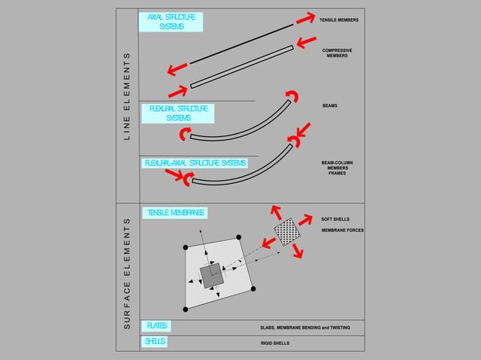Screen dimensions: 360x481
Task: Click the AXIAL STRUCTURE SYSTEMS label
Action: [171, 22]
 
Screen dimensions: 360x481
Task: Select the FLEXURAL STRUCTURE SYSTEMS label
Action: [179, 114]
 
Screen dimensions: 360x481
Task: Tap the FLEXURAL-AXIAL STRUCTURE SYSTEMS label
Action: [195, 163]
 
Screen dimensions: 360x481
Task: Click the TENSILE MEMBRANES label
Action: [174, 213]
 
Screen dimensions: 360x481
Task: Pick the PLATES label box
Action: [157, 326]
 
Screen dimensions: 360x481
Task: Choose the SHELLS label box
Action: [155, 341]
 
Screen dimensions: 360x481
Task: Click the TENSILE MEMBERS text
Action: [339, 20]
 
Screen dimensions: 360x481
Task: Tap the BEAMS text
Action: [329, 106]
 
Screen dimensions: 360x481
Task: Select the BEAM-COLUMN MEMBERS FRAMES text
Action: [337, 167]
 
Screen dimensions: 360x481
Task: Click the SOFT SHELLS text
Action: [335, 219]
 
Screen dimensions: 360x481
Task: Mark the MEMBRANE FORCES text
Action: [342, 230]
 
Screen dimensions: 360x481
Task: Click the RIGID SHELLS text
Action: [275, 343]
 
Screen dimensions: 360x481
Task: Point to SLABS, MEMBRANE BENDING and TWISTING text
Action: [305, 328]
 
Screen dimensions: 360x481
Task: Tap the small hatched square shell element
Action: [286, 230]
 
